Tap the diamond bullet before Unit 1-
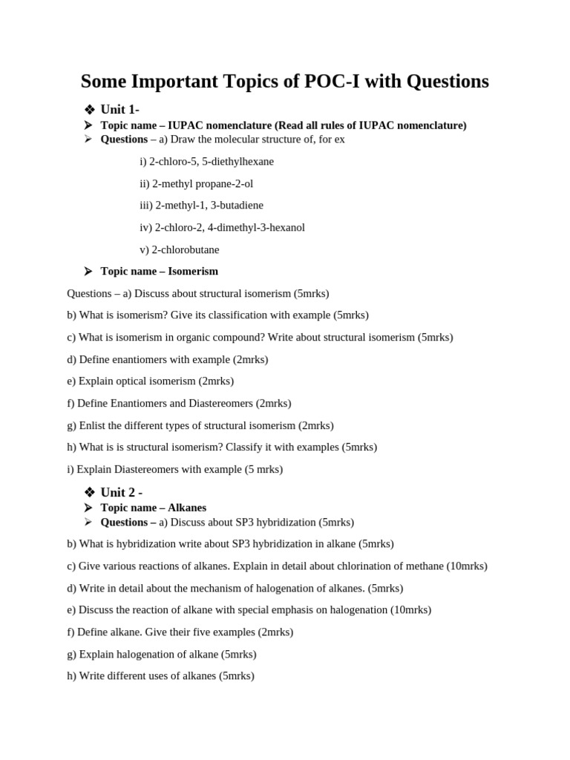click(90, 110)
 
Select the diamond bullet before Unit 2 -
click(90, 492)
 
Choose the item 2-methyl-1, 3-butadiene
click(201, 206)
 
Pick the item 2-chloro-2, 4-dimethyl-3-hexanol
click(222, 228)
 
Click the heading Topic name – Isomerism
click(159, 272)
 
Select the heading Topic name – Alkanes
click(153, 508)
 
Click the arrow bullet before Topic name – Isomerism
click(88, 272)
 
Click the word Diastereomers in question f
click(221, 404)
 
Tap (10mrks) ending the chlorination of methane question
click(466, 566)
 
